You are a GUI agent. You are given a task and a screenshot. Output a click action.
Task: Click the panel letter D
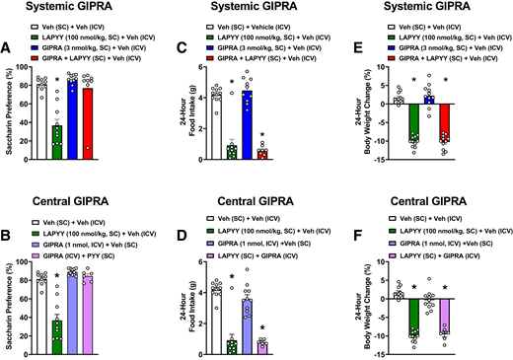click(179, 237)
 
